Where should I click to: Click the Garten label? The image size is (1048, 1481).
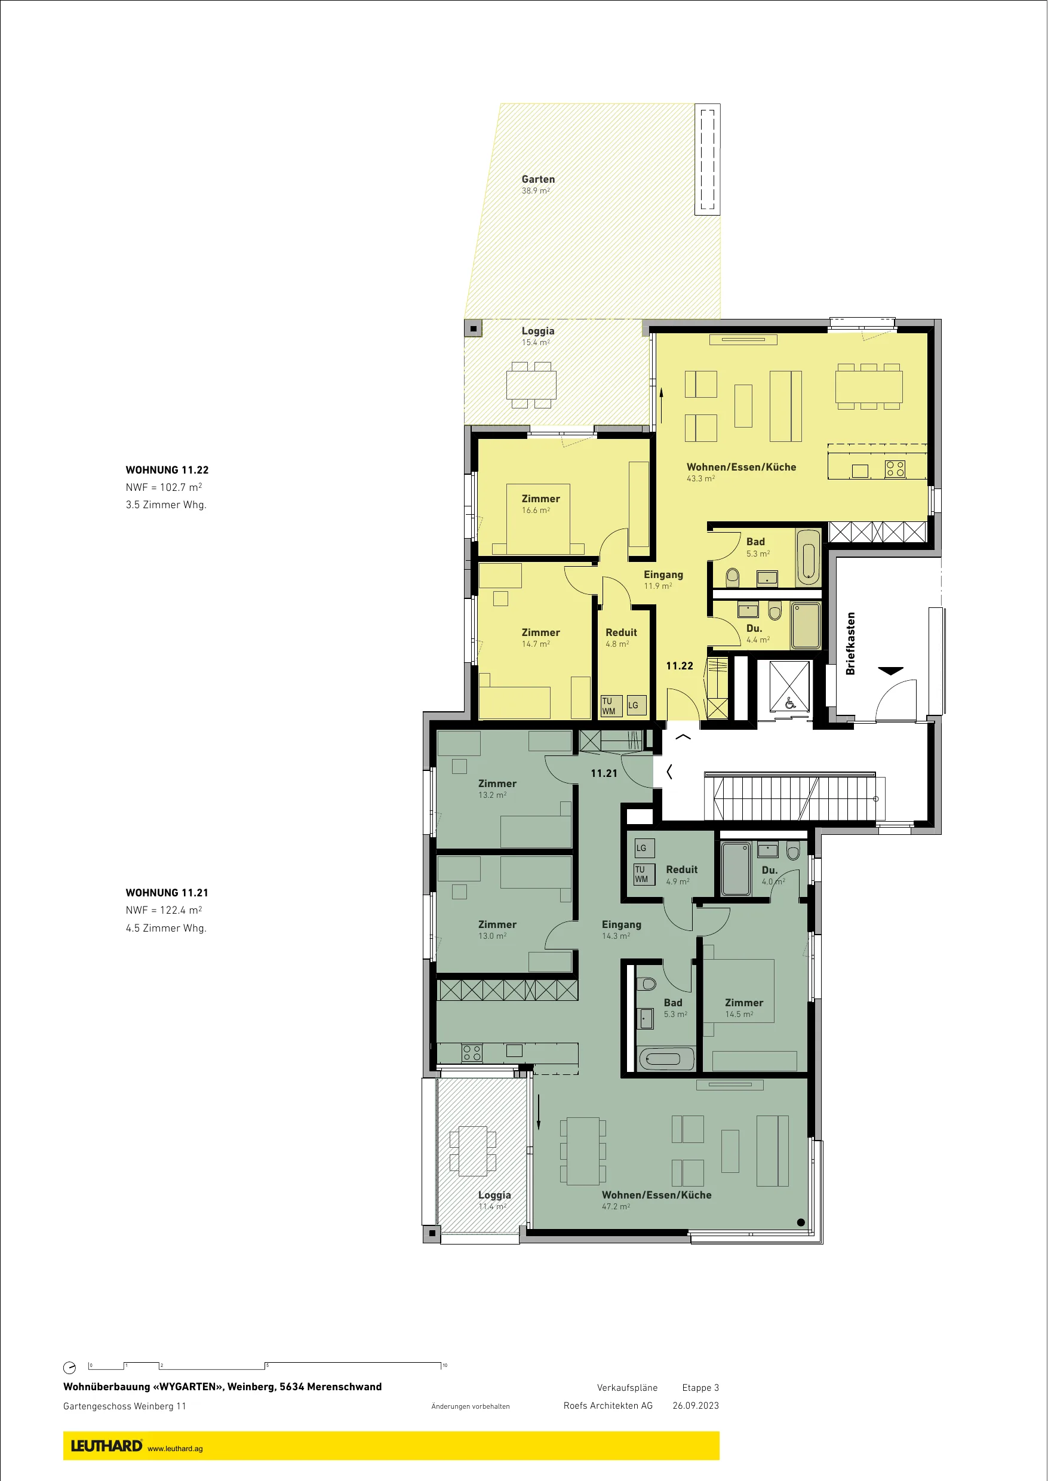[x=537, y=179]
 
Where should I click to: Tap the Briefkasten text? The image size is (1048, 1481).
[x=850, y=643]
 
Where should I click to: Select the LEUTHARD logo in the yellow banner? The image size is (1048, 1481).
[x=106, y=1446]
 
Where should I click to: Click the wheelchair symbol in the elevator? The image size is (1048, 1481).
[x=790, y=703]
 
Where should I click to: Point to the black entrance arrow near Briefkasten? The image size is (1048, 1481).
[x=890, y=671]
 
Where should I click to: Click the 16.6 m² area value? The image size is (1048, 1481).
[x=536, y=511]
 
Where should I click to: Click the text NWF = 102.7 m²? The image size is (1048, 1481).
[x=163, y=487]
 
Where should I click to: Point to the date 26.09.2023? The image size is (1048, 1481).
[x=696, y=1406]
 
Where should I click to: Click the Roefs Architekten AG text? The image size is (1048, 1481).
[x=608, y=1406]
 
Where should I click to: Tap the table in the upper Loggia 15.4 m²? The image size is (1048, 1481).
[x=531, y=385]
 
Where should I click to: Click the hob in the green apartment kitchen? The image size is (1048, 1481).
[x=472, y=1053]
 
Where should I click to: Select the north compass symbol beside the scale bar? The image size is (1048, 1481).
[x=70, y=1368]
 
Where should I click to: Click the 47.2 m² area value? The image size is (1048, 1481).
[x=616, y=1207]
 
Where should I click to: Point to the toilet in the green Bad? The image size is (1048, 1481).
[x=646, y=984]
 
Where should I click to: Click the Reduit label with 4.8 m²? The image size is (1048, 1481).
[x=621, y=632]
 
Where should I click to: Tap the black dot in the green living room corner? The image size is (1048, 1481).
[x=801, y=1222]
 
